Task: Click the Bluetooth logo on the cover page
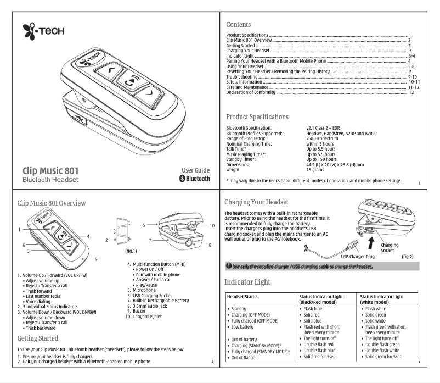click(x=195, y=178)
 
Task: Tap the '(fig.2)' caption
click(x=422, y=256)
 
